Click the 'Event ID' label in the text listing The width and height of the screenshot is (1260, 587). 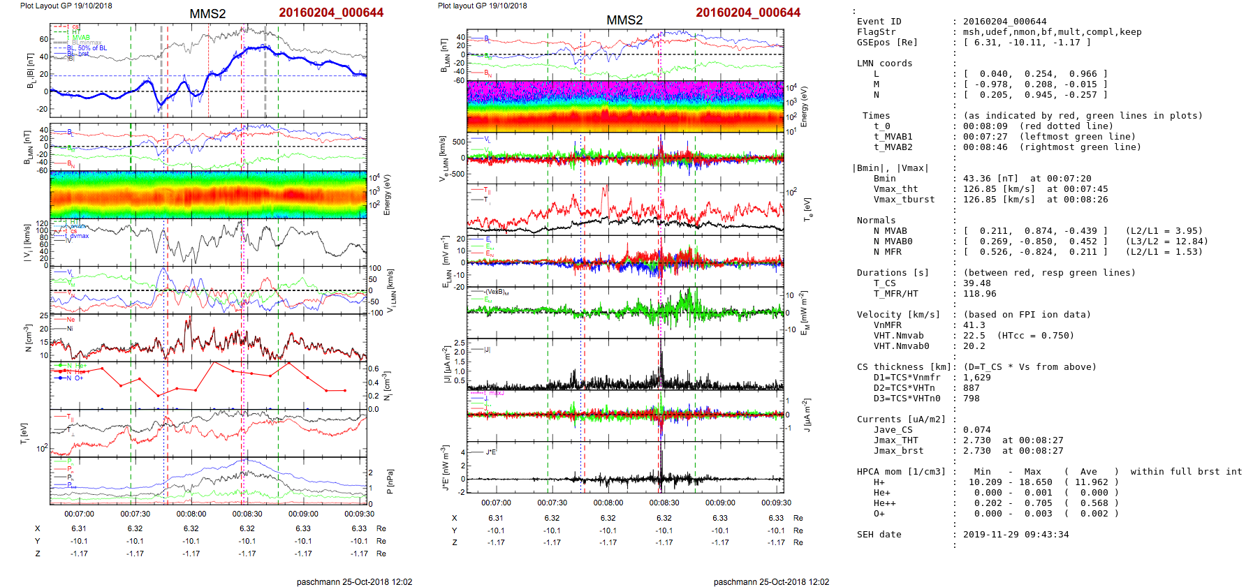[x=879, y=22]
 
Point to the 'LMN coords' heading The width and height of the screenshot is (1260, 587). [x=884, y=64]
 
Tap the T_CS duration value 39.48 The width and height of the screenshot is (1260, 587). [x=976, y=283]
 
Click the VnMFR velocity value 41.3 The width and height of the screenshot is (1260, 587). [x=974, y=325]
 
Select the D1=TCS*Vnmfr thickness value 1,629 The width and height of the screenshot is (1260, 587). [x=976, y=378]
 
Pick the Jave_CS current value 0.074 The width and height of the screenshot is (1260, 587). [x=976, y=430]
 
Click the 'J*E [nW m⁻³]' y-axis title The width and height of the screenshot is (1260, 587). [x=444, y=468]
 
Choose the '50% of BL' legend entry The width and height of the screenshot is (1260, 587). [x=92, y=48]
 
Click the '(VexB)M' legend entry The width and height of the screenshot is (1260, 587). [x=497, y=292]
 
